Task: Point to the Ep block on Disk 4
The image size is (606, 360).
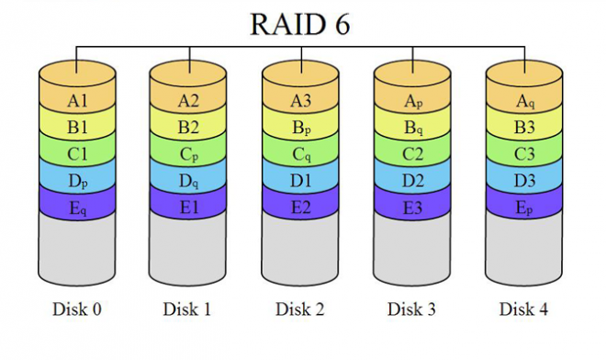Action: [x=523, y=208]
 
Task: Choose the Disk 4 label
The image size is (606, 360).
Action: [x=523, y=309]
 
